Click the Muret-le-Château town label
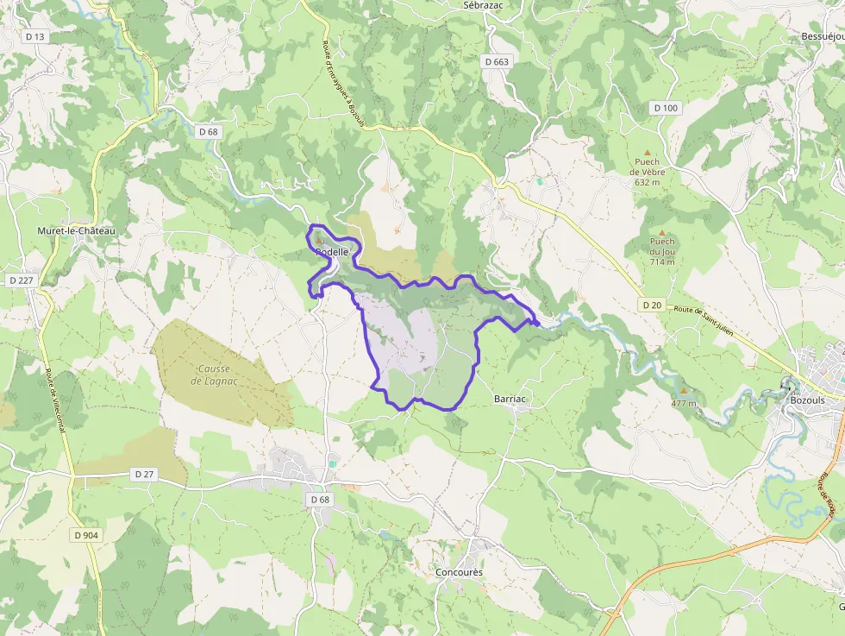(76, 231)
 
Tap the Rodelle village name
(332, 252)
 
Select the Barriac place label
(510, 400)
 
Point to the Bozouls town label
(808, 401)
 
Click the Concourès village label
(459, 572)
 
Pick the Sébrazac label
(483, 5)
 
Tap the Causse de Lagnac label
(213, 375)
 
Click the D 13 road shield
(35, 36)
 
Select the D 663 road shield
(498, 62)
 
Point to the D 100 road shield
(667, 108)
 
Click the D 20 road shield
(652, 305)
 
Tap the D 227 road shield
(21, 280)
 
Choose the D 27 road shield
(144, 474)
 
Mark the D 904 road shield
(87, 535)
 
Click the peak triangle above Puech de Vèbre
(647, 152)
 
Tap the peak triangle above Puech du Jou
(662, 232)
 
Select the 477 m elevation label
(684, 403)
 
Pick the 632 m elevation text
(647, 182)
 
